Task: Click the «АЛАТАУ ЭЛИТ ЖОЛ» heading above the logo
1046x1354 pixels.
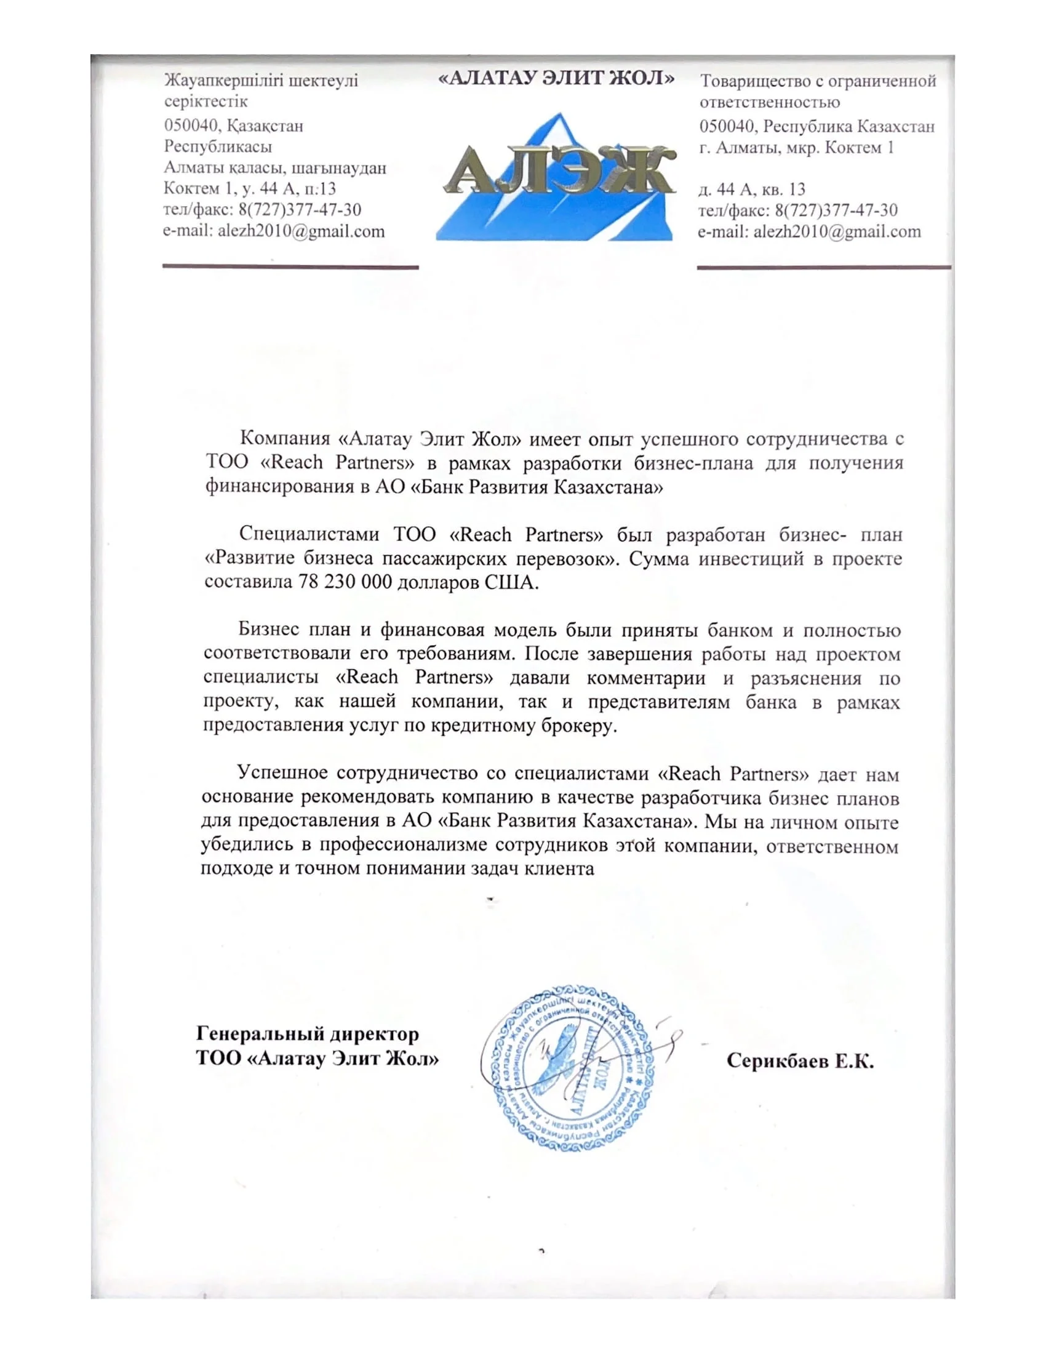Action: coord(556,79)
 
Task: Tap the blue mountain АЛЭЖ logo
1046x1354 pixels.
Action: coord(555,177)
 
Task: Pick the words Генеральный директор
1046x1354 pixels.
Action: coord(308,1034)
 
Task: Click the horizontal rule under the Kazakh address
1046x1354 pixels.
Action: coord(290,267)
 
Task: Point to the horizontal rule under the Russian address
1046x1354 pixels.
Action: coord(823,267)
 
